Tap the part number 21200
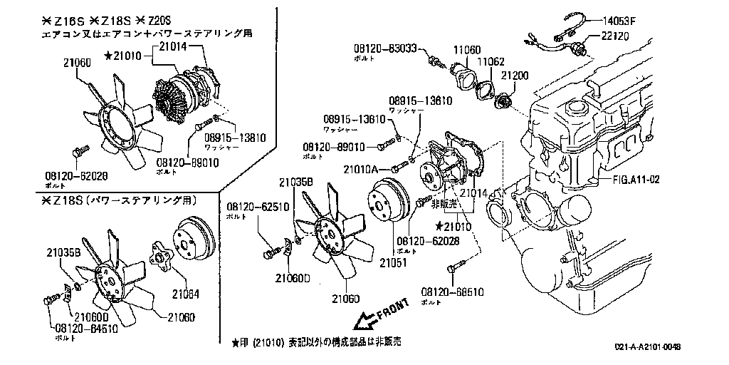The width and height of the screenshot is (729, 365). pos(515,74)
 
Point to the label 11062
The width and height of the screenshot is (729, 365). pos(491,62)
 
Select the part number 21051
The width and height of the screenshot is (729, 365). pos(392,262)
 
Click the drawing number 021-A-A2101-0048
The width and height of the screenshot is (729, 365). pos(648,346)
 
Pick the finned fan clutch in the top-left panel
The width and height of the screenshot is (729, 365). pos(174,102)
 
